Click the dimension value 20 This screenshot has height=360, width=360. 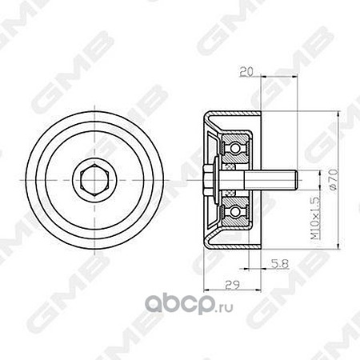246,71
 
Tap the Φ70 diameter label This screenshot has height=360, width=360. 334,179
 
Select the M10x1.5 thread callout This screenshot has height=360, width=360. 315,218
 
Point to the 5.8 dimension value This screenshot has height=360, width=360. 280,264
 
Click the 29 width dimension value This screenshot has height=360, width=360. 233,285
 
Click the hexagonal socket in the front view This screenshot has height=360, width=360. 94,180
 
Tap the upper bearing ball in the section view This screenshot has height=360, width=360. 235,147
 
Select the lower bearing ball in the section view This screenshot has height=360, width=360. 235,212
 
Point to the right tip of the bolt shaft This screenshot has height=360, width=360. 298,180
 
